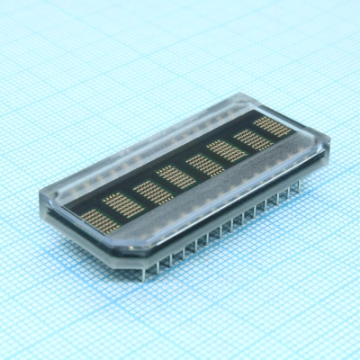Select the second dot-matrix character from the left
click(118, 202)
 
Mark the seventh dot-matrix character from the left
click(249, 138)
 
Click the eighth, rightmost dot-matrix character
click(273, 125)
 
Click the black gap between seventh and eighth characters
click(261, 131)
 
